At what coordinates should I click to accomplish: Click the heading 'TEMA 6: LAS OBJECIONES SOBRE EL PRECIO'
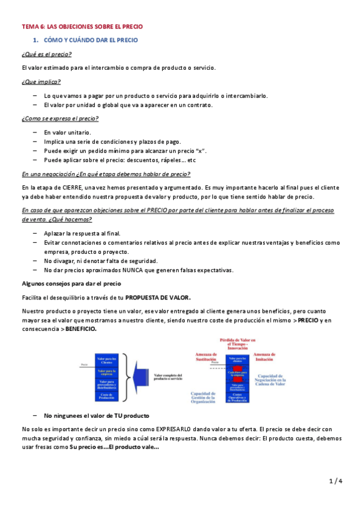coord(81,27)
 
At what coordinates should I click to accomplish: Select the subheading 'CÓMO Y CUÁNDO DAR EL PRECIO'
coord(91,40)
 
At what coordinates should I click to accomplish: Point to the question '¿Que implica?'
coord(41,81)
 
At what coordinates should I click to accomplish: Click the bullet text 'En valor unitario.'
coord(67,132)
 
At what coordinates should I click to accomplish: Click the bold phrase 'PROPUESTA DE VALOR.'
coord(158,298)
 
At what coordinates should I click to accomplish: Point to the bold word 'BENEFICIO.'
coord(81,328)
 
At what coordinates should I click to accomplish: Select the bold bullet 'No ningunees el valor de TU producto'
coord(97,415)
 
